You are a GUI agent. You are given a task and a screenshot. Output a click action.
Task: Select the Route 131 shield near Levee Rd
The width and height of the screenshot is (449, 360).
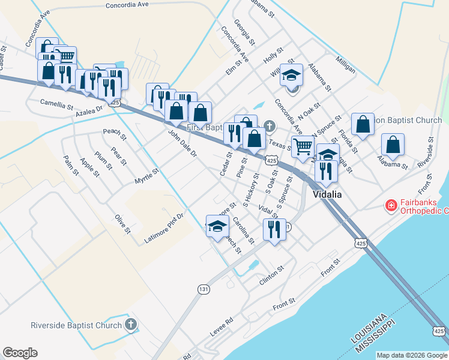204,289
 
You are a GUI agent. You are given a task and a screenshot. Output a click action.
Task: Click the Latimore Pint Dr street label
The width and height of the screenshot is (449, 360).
163,230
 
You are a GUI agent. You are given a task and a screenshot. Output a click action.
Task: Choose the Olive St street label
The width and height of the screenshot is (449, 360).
122,222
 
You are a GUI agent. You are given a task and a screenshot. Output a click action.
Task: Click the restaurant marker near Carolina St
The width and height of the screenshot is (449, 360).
274,229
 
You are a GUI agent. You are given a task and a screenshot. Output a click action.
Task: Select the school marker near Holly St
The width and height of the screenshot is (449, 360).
291,76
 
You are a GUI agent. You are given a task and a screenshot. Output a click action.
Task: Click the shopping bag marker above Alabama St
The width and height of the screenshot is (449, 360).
393,145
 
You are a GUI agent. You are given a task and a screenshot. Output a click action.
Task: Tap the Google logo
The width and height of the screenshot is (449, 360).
20,353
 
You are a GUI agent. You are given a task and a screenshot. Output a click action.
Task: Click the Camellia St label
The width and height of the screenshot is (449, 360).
56,103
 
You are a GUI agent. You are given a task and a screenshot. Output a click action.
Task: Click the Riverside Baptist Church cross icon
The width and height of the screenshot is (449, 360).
131,326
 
